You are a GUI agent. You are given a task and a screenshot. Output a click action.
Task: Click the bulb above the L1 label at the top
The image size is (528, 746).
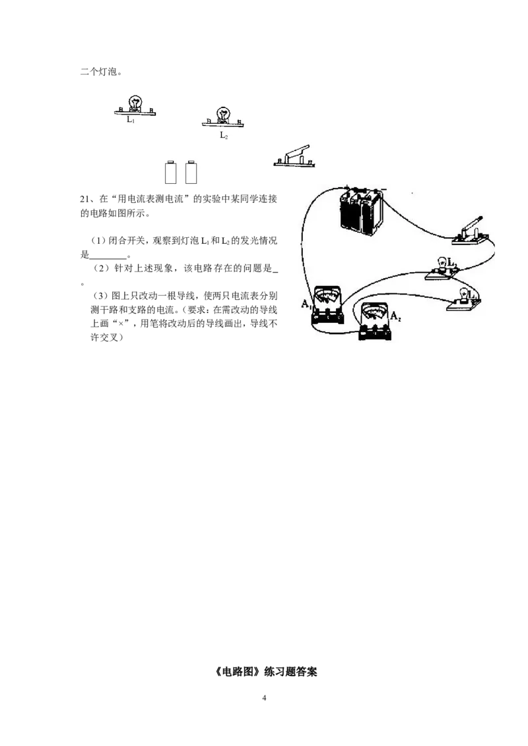click(135, 102)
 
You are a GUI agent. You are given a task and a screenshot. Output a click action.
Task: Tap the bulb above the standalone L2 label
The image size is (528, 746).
click(222, 114)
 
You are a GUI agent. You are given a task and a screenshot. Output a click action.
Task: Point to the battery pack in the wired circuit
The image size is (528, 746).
click(361, 211)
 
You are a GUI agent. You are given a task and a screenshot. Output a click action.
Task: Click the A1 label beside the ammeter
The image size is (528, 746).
click(306, 304)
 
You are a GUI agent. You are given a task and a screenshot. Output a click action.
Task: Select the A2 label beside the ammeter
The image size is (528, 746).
click(395, 316)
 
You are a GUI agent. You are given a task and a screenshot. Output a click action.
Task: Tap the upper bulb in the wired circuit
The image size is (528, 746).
click(443, 263)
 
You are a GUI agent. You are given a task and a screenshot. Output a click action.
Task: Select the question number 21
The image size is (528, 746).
click(85, 199)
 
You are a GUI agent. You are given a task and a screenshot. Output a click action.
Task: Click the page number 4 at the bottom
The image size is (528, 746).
click(264, 698)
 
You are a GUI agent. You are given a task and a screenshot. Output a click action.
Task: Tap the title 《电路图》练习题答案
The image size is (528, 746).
click(264, 672)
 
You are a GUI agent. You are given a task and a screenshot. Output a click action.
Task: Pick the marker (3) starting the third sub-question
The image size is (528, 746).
click(100, 296)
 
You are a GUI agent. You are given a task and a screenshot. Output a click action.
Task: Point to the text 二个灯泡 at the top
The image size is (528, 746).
click(98, 72)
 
